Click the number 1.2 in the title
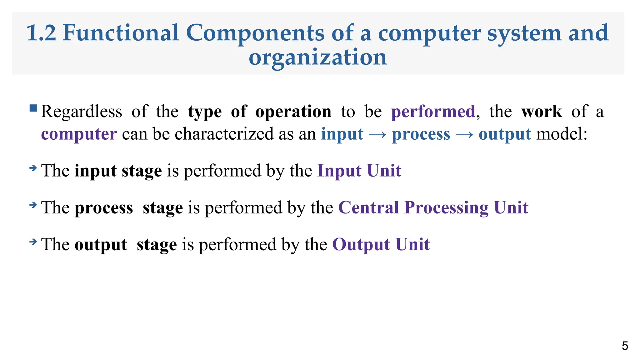click(41, 33)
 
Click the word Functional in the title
click(121, 33)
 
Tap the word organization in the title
click(317, 57)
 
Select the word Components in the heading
click(255, 33)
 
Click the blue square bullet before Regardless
click(33, 108)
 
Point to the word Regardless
click(82, 112)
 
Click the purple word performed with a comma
click(433, 112)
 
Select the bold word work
click(542, 112)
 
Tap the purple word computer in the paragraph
click(79, 134)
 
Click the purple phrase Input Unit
click(359, 171)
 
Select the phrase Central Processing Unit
click(433, 208)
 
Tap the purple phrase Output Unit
click(381, 245)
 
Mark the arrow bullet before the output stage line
click(33, 242)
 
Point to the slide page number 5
click(625, 346)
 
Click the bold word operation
click(293, 112)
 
